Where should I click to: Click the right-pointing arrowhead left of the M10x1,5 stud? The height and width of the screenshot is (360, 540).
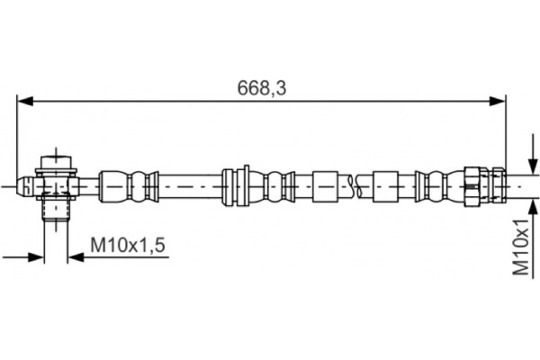tap(37, 256)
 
